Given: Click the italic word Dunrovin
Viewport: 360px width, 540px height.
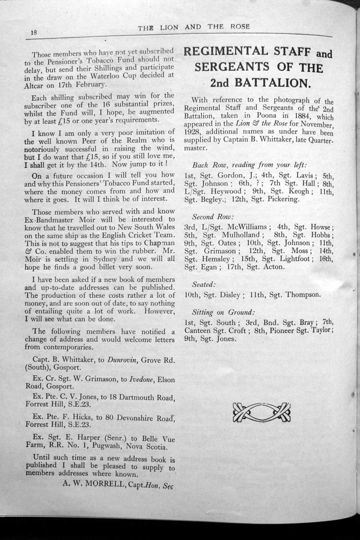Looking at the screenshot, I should (122, 360).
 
